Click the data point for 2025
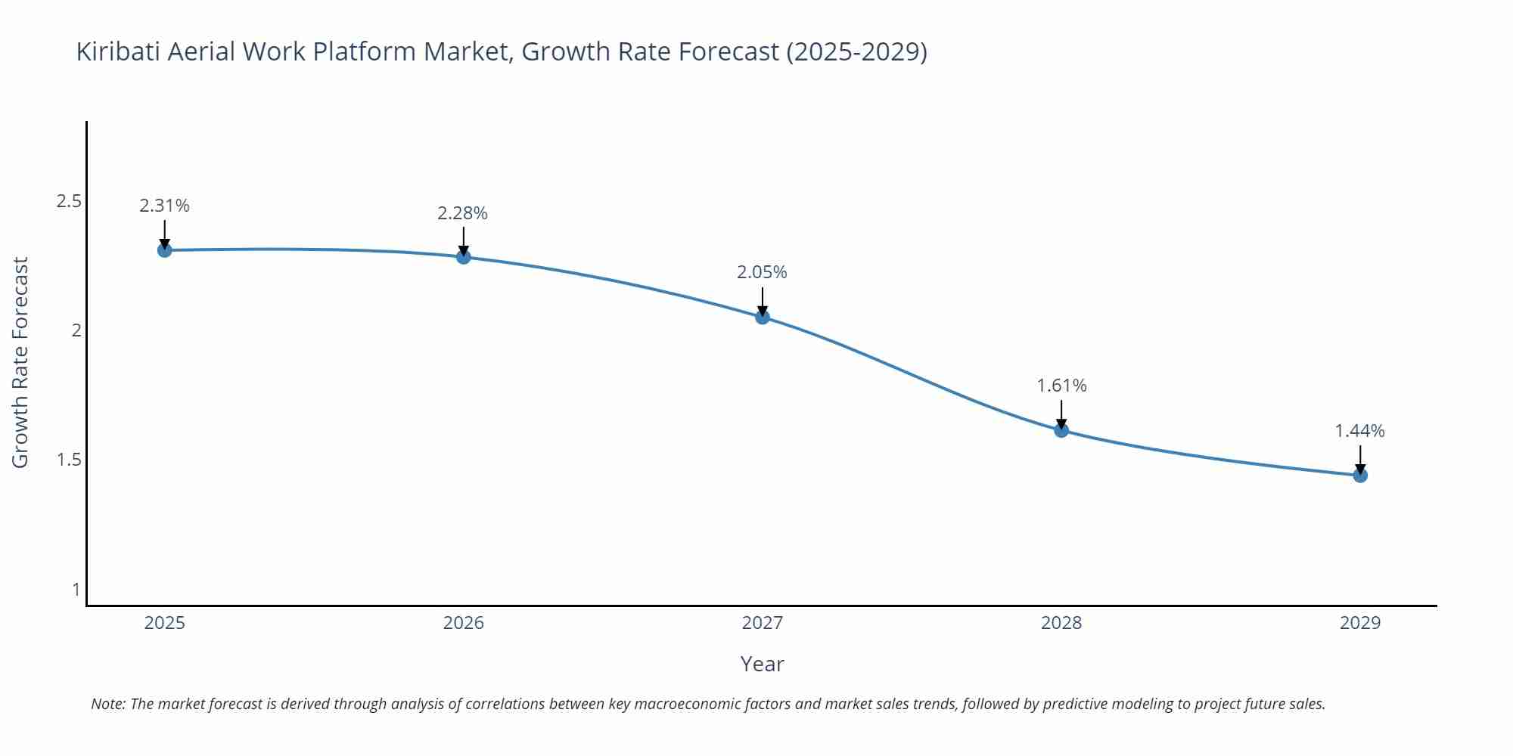164,250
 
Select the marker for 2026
464,257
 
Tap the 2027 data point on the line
763,318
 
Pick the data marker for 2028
1061,430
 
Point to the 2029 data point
1360,476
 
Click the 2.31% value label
164,206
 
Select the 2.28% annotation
462,213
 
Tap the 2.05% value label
762,272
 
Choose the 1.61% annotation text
1061,386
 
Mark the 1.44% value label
1359,431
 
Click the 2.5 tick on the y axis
69,201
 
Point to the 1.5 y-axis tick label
69,460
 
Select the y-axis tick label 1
76,589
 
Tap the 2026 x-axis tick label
464,623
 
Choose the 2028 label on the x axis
1061,623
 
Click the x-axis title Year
762,664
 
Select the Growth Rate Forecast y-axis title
20,362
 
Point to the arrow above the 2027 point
763,301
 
